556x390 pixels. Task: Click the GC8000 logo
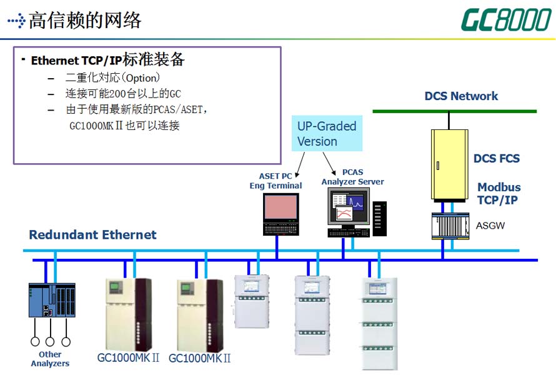(x=505, y=20)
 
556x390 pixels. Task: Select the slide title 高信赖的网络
(x=85, y=20)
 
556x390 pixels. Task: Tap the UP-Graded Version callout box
(x=327, y=134)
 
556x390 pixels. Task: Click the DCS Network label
(x=461, y=96)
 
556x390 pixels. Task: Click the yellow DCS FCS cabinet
(x=449, y=164)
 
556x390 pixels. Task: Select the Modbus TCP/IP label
(x=499, y=194)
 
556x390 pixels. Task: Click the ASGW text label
(x=490, y=224)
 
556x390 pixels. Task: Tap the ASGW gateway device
(x=449, y=225)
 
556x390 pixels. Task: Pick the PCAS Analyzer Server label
(x=352, y=177)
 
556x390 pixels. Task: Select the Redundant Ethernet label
(x=92, y=235)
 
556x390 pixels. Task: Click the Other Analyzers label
(x=50, y=359)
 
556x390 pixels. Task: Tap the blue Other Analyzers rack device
(x=52, y=299)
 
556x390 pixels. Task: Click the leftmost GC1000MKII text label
(x=128, y=358)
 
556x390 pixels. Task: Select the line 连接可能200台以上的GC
(x=122, y=94)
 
